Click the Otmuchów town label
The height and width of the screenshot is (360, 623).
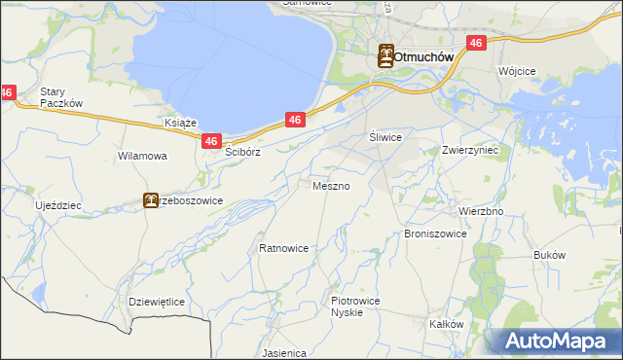coord(424,56)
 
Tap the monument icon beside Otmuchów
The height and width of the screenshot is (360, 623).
coord(385,56)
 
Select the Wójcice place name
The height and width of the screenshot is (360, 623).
coord(518,72)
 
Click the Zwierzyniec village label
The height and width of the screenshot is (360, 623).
coord(470,151)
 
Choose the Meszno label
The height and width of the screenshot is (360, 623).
coord(331,185)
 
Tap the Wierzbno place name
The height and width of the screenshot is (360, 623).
coord(480,210)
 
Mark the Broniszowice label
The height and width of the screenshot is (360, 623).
coord(435,234)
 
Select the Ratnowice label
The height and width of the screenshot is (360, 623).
coord(284,248)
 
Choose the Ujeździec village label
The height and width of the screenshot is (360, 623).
coord(58,206)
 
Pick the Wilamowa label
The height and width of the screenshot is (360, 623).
coord(143,156)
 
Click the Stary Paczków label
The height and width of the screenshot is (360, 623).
coord(60,98)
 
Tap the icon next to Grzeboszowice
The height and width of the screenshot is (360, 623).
coord(151,200)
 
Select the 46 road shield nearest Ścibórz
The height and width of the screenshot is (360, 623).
coord(212,142)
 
